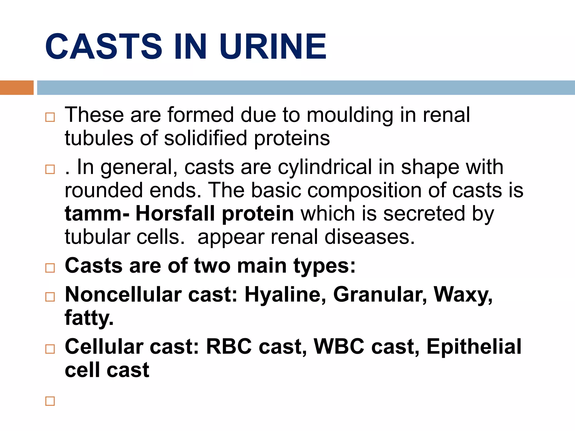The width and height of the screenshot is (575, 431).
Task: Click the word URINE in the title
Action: coord(273,46)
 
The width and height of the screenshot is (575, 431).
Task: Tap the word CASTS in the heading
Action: coord(104,46)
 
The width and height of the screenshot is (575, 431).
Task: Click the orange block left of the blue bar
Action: coord(17,88)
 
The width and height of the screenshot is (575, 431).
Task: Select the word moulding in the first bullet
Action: coord(350,115)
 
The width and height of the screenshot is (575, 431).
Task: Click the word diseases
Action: coord(369,237)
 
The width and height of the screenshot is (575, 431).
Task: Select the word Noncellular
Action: coord(123,295)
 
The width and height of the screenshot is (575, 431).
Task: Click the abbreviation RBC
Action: coord(229,347)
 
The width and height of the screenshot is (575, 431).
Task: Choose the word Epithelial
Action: coord(474,347)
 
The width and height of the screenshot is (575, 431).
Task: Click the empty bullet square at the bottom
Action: coord(50,401)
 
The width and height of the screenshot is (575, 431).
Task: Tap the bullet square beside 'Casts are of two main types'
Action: coord(50,268)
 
